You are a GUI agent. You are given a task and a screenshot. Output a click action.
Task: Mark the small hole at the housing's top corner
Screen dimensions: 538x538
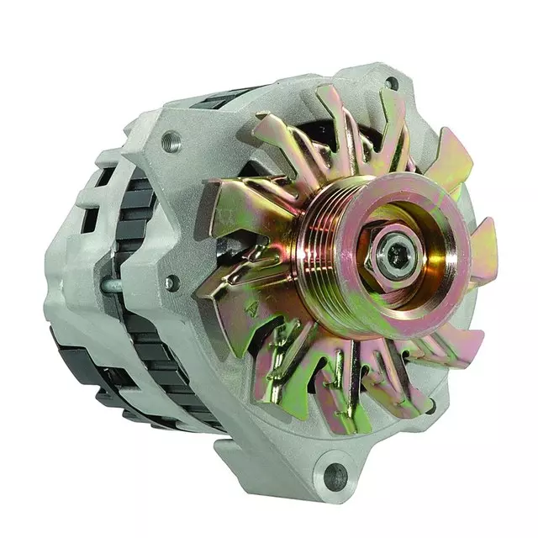(x=391, y=83)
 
